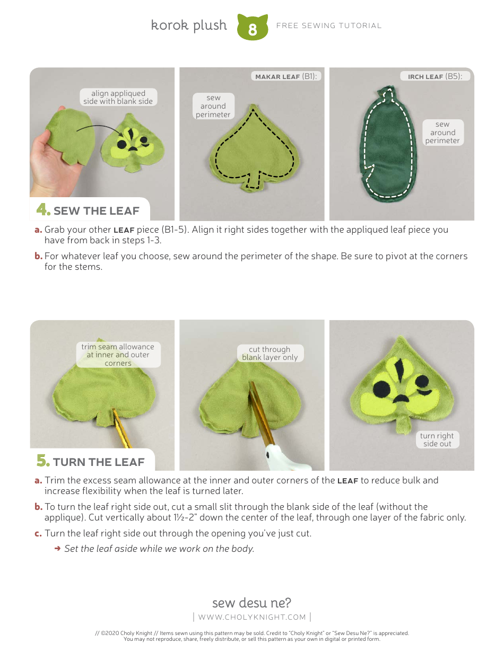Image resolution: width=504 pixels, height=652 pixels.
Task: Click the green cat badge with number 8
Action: (x=252, y=28)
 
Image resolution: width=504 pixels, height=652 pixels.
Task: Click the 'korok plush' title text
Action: (x=189, y=25)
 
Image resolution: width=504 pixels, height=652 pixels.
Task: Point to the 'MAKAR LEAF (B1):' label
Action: (x=286, y=76)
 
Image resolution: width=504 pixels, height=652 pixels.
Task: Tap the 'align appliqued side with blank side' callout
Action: (x=118, y=97)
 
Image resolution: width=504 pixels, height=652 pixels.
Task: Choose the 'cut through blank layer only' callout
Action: (x=270, y=354)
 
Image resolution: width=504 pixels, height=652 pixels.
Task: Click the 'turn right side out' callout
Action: (x=437, y=440)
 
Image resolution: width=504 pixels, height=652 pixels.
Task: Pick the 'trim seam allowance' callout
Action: (x=118, y=355)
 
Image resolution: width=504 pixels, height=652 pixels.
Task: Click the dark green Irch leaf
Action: (x=388, y=148)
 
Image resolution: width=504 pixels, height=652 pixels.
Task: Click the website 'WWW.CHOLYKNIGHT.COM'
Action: (x=252, y=617)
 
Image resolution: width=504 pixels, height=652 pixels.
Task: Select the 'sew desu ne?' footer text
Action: (x=251, y=603)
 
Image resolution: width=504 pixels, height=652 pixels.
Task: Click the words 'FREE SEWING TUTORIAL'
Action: (x=329, y=25)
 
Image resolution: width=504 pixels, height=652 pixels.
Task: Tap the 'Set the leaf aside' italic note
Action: (x=159, y=549)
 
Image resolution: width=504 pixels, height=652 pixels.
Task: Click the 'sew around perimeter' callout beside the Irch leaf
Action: (x=442, y=133)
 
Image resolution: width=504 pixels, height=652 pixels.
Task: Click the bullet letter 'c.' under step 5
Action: (x=38, y=533)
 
